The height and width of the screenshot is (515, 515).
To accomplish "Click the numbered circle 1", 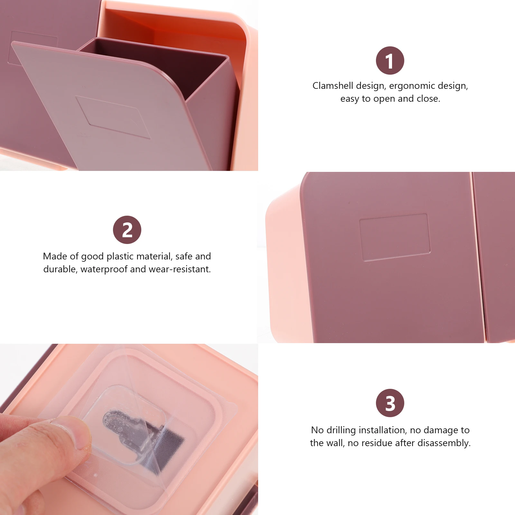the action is (390, 61).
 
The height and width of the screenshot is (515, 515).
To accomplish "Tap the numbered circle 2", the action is (127, 230).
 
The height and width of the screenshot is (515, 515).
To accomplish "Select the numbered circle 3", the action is (390, 403).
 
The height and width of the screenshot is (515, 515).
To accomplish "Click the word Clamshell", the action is (333, 86).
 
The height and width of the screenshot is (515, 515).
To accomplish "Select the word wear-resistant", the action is (180, 269).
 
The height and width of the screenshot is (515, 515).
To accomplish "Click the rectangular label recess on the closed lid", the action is (395, 237).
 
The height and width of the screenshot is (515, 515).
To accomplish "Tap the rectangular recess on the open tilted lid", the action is (113, 117).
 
